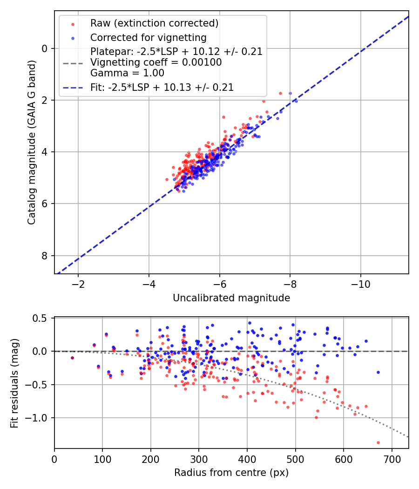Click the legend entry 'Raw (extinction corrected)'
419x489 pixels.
click(154, 23)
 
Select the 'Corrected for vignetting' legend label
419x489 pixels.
click(148, 37)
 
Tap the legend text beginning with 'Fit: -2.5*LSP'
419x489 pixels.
click(162, 87)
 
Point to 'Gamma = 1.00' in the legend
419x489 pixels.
click(127, 73)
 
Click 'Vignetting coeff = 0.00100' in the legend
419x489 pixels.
click(156, 62)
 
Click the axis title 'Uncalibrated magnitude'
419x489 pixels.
click(231, 298)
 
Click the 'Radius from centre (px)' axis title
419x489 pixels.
click(231, 473)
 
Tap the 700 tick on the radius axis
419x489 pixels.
click(392, 459)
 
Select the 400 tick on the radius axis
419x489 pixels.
click(247, 459)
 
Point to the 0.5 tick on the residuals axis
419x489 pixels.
click(42, 318)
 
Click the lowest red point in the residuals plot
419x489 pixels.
click(378, 442)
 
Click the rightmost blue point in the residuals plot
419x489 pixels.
click(378, 372)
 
